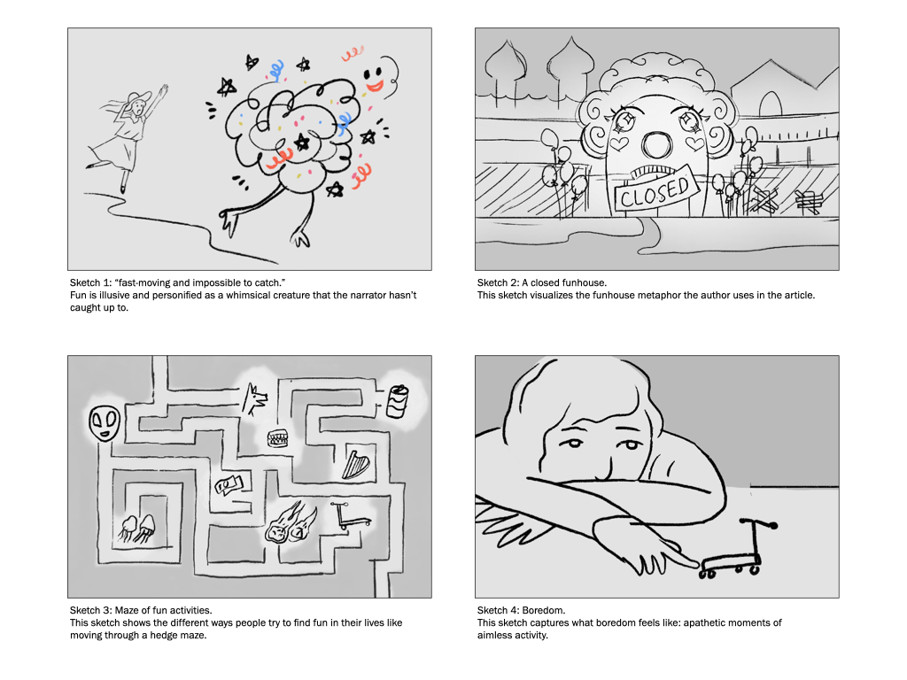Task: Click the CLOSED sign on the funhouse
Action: pos(654,189)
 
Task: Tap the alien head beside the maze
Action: pos(105,422)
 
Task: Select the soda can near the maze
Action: pos(398,401)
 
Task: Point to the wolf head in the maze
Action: pos(254,399)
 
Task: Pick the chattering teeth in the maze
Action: pos(278,439)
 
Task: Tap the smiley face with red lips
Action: pos(373,78)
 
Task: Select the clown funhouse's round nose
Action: pos(655,145)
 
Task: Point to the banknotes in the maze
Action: pos(229,484)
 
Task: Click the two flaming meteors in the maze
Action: pos(291,523)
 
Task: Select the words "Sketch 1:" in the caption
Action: pos(91,282)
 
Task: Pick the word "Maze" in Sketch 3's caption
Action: pos(127,610)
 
